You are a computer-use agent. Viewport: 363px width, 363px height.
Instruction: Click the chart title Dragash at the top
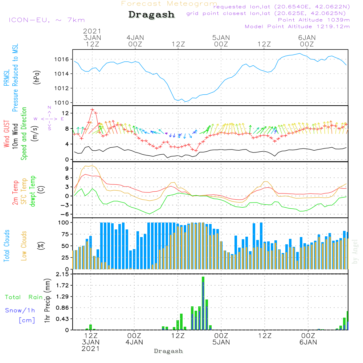click(x=151, y=15)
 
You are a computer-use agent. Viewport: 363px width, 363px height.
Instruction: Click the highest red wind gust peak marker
click(x=92, y=109)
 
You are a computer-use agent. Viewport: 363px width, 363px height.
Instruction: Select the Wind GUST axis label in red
click(x=7, y=134)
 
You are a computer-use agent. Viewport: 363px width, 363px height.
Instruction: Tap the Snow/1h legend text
click(x=20, y=310)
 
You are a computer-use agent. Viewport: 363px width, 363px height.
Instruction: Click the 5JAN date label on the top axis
click(x=221, y=38)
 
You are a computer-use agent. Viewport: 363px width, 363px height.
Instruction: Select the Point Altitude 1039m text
click(x=314, y=20)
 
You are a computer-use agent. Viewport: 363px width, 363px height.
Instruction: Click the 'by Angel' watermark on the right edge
click(x=355, y=252)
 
